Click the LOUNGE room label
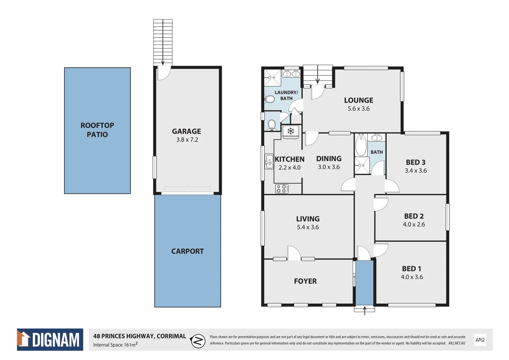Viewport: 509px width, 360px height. [x=358, y=100]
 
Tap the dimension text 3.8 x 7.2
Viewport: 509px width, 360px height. [x=187, y=140]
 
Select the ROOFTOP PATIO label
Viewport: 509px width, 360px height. [x=97, y=130]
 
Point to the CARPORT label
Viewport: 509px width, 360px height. [x=187, y=251]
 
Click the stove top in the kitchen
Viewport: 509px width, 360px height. [x=282, y=189]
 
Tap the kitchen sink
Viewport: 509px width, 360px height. [x=269, y=161]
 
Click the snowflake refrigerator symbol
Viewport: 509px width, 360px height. [x=291, y=131]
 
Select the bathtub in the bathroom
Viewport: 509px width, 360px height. [x=361, y=145]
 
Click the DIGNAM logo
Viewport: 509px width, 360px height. [x=50, y=340]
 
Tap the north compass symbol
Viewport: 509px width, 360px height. [x=198, y=341]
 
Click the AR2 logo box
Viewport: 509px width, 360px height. [x=480, y=340]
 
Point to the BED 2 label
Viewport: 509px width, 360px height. [x=414, y=216]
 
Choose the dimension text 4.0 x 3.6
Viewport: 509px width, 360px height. [x=412, y=277]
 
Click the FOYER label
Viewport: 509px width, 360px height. [x=305, y=281]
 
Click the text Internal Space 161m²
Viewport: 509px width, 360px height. [x=115, y=345]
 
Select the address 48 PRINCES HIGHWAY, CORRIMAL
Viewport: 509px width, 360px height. [x=139, y=336]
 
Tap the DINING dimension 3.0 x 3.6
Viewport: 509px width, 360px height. [x=329, y=167]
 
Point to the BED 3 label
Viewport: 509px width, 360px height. [x=415, y=162]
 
